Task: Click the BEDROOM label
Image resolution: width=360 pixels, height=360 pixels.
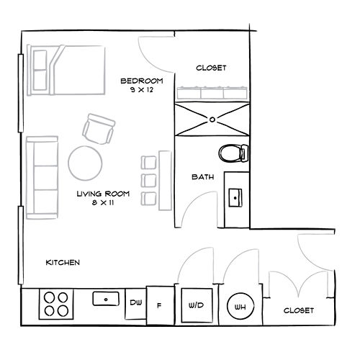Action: (142, 81)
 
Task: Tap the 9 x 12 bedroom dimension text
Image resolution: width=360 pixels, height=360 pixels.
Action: (142, 90)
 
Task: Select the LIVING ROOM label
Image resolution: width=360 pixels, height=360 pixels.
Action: (103, 194)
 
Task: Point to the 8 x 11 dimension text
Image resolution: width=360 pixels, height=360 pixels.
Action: (103, 203)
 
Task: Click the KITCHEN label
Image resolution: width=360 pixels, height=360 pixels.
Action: (63, 263)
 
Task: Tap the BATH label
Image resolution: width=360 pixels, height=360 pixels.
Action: (203, 177)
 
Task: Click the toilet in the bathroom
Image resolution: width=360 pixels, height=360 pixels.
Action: (233, 153)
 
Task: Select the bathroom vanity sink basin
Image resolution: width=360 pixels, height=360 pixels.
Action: (235, 198)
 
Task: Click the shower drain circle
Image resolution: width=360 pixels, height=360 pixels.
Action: (212, 120)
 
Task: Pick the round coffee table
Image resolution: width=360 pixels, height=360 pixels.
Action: (85, 163)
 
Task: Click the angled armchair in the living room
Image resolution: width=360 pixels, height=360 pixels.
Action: (99, 129)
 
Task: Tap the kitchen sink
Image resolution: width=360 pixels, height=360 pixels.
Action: (106, 299)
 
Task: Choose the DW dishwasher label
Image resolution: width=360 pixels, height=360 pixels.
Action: (136, 302)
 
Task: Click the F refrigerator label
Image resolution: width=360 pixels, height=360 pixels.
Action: (159, 305)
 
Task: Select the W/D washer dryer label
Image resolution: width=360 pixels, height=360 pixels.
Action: (196, 305)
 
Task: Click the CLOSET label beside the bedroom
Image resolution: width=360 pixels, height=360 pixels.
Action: (211, 68)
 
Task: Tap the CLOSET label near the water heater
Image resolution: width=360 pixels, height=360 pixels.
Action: (299, 310)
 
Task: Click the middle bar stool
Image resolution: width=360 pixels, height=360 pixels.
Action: (149, 181)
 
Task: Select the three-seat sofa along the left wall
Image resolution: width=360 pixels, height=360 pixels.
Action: (42, 178)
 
